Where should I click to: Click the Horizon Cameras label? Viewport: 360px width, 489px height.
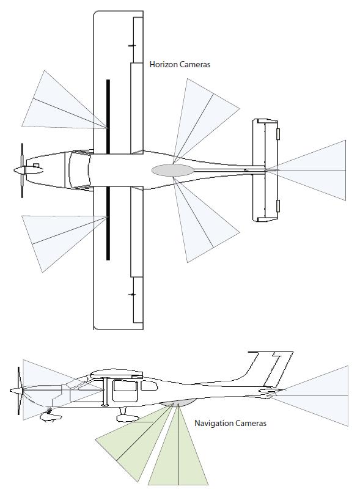[180, 64]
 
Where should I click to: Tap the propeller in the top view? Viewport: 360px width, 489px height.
[22, 170]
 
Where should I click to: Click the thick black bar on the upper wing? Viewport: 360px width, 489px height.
[108, 116]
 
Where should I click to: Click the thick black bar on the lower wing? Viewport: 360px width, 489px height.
[108, 223]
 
